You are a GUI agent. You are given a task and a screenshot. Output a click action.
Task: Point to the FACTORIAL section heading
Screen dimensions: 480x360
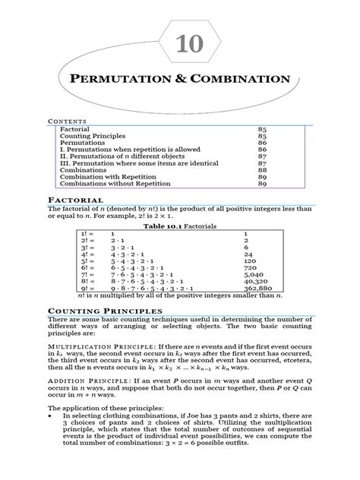click(74, 198)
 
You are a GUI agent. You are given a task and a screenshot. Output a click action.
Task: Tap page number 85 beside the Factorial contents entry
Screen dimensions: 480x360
click(263, 130)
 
